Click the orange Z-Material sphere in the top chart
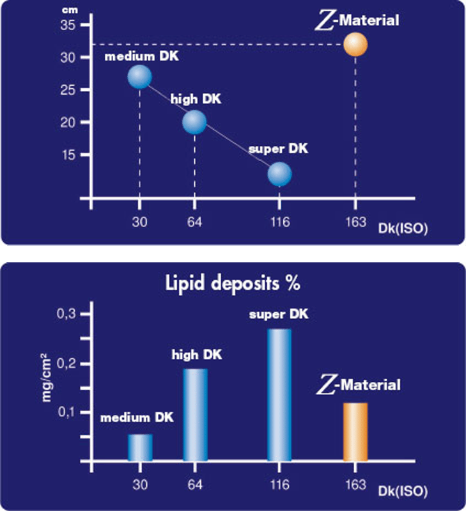(355, 45)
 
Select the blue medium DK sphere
(139, 77)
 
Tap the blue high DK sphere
(194, 122)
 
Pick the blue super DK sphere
(279, 174)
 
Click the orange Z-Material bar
(355, 432)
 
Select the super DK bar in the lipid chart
(279, 395)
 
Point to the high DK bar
(195, 415)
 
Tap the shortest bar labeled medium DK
(140, 447)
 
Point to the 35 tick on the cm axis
(68, 25)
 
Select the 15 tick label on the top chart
(68, 155)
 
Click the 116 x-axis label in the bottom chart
(279, 483)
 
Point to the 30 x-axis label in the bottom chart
(140, 483)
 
